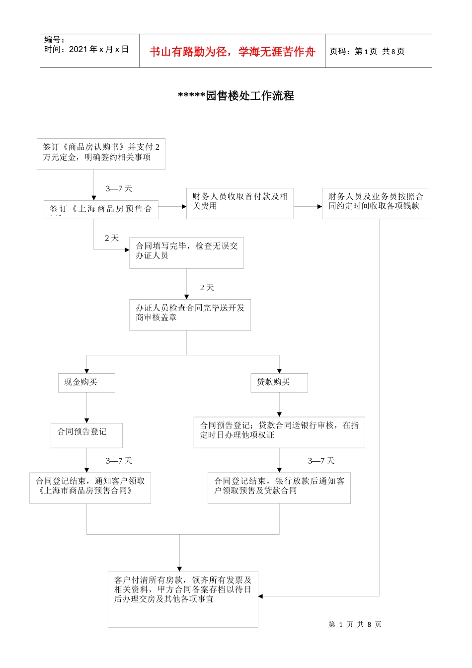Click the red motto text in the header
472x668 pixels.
[x=232, y=52]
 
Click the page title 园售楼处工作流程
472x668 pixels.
[x=236, y=96]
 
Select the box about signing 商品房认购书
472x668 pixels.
[x=101, y=154]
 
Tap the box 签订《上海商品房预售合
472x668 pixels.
[x=101, y=209]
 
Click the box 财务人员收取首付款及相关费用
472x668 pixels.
[x=239, y=203]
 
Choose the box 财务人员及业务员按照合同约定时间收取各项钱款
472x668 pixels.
[x=375, y=203]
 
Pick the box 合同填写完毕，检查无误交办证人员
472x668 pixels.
[x=186, y=252]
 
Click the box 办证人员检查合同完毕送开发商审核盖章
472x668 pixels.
[x=190, y=314]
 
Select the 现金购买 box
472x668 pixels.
[x=86, y=383]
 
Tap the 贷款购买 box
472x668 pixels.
[x=279, y=383]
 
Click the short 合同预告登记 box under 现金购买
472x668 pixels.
[x=86, y=435]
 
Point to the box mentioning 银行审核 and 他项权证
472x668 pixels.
[x=279, y=432]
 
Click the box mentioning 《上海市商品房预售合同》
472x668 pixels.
[x=90, y=488]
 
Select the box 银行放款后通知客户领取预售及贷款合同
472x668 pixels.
[x=279, y=488]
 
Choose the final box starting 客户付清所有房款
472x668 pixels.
[x=183, y=598]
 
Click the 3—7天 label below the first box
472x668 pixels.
[x=119, y=188]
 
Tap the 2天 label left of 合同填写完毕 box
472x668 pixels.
[x=112, y=238]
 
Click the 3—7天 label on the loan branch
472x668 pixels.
[x=321, y=461]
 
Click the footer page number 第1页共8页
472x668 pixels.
[x=355, y=624]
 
